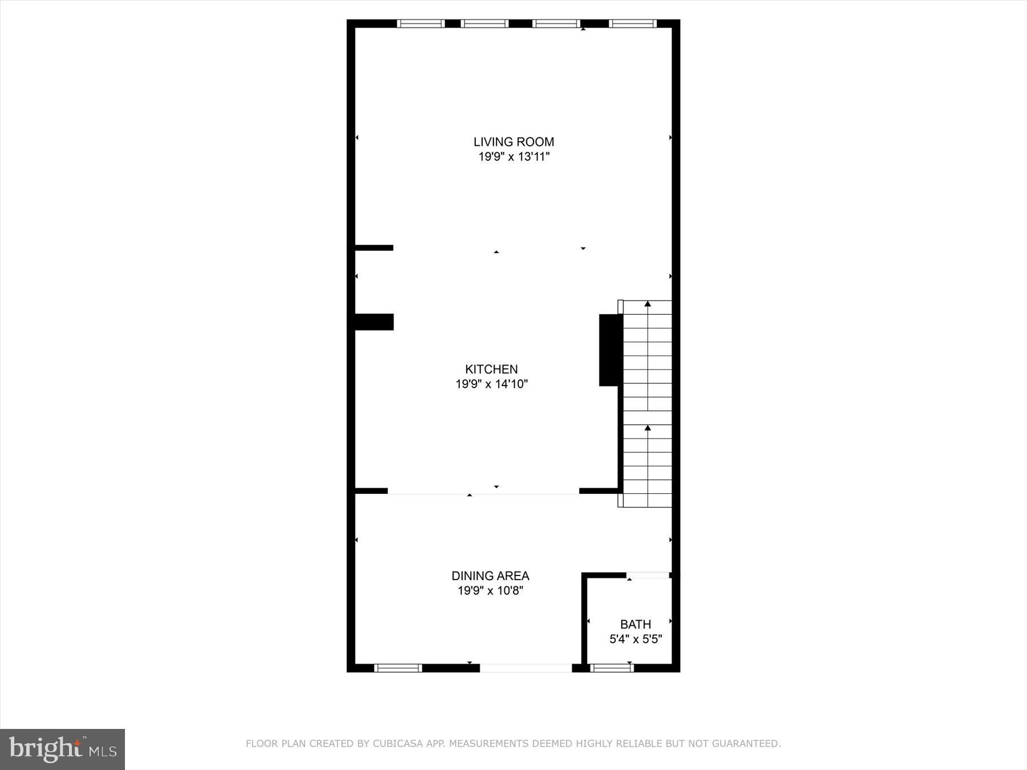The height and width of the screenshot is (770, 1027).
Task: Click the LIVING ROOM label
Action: tap(513, 141)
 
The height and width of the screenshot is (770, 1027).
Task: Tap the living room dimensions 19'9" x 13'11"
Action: tap(513, 157)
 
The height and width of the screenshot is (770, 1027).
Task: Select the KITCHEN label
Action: tap(491, 369)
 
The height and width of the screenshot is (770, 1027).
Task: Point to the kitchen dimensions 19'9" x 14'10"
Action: tap(491, 384)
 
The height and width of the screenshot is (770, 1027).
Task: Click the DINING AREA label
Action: tap(490, 576)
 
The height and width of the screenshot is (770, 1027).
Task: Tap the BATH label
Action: tap(636, 624)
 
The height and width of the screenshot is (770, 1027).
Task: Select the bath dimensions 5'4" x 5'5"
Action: tap(636, 639)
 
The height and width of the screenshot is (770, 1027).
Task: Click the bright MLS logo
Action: tap(62, 749)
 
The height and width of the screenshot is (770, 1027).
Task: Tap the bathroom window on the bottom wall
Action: tap(612, 668)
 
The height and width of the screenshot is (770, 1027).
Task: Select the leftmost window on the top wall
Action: tap(420, 23)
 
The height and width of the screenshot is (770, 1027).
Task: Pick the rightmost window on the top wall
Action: tap(632, 23)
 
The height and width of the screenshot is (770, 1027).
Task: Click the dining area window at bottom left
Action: tap(398, 668)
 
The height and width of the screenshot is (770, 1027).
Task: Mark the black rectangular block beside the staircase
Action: tap(610, 350)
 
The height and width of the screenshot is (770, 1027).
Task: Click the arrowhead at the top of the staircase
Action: tap(648, 304)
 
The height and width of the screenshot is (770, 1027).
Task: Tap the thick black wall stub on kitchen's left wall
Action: tap(374, 322)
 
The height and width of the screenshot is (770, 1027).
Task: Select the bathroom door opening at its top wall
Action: tap(648, 575)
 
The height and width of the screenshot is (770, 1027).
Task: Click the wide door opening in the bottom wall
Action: tap(525, 668)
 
